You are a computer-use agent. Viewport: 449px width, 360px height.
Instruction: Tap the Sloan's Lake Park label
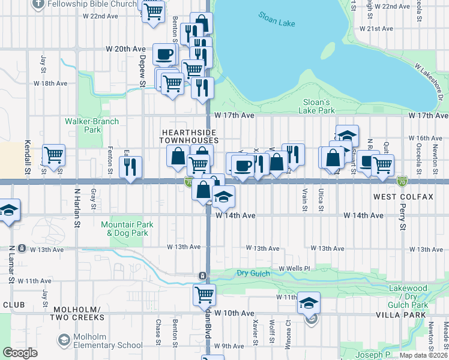coord(318,106)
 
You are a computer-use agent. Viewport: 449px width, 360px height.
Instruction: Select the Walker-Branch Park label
coord(92,125)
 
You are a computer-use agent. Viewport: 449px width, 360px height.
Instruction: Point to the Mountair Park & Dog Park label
coord(127,229)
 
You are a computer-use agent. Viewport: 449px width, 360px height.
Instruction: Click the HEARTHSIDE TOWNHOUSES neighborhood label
coord(187,135)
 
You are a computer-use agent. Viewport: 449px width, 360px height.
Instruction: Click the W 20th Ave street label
coord(125,49)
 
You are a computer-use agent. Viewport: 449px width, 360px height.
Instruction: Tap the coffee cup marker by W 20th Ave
coord(164,55)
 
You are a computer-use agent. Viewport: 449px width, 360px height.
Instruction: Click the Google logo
coord(20,353)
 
